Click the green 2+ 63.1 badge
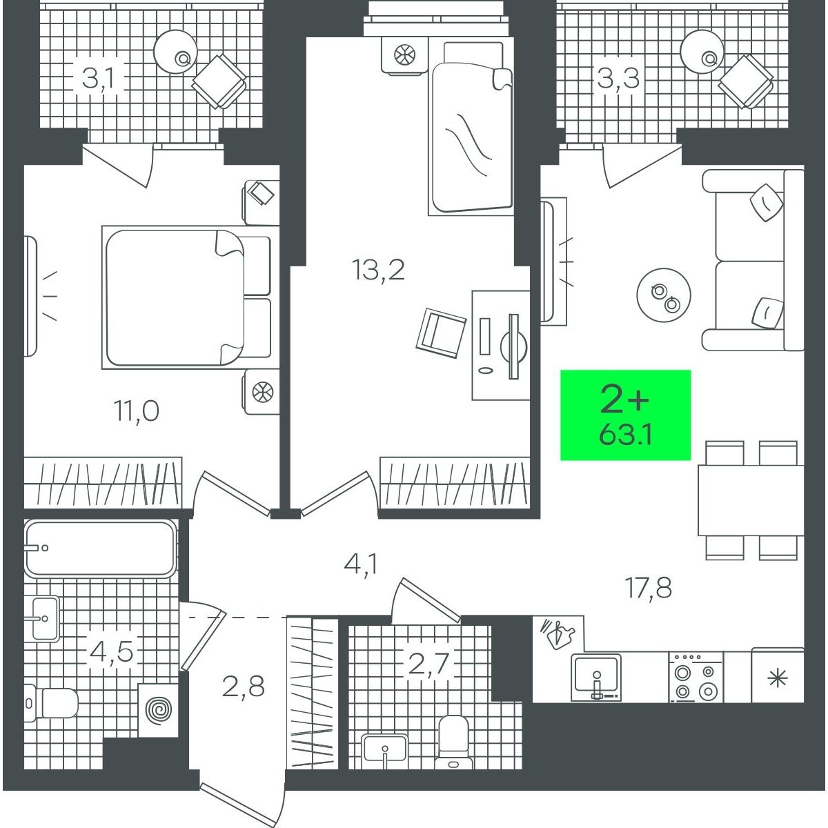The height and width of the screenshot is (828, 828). click(x=625, y=415)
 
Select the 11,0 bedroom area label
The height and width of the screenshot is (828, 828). click(x=136, y=410)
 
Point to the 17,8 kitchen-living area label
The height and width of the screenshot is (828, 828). click(x=649, y=588)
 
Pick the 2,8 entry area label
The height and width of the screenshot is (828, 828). click(x=243, y=685)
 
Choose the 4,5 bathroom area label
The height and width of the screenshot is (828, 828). click(x=111, y=651)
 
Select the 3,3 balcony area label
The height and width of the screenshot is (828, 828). click(x=618, y=78)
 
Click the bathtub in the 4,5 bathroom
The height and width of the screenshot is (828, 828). click(x=101, y=548)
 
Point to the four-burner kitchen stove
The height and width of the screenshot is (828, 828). click(x=696, y=677)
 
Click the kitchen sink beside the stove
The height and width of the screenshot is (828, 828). click(x=596, y=677)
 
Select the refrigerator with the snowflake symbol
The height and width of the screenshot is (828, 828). click(x=778, y=675)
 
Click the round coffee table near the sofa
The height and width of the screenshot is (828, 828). click(x=663, y=295)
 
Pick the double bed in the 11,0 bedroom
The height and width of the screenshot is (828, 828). click(x=187, y=297)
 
